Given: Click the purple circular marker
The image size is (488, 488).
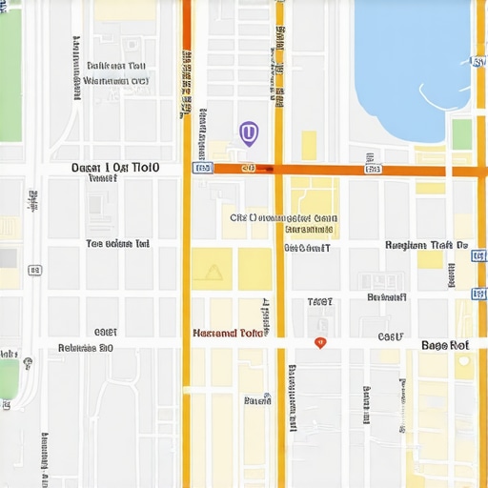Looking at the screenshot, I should pyautogui.click(x=248, y=132).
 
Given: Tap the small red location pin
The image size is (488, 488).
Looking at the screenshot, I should pyautogui.click(x=320, y=342).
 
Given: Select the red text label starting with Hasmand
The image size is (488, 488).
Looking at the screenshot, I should pyautogui.click(x=227, y=334).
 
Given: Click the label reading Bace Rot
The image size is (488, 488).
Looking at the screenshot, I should pyautogui.click(x=445, y=345).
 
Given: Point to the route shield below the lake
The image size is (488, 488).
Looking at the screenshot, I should pyautogui.click(x=373, y=170).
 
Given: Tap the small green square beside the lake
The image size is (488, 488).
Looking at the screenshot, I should pyautogui.click(x=461, y=134).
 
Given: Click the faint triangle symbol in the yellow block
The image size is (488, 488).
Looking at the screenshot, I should pyautogui.click(x=212, y=273).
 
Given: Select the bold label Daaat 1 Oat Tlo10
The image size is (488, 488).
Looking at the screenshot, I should pyautogui.click(x=115, y=167).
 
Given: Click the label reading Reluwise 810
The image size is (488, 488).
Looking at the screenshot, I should pyautogui.click(x=86, y=348).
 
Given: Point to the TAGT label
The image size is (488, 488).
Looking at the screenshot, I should pyautogui.click(x=320, y=302).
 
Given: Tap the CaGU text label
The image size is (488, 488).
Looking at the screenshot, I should pyautogui.click(x=391, y=336).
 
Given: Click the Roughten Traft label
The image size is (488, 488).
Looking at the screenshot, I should pyautogui.click(x=425, y=245).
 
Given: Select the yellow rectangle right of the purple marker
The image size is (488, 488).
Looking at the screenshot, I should pyautogui.click(x=309, y=145).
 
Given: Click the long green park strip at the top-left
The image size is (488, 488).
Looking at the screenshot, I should pyautogui.click(x=10, y=76).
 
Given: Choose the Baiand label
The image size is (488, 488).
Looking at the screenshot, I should pyautogui.click(x=257, y=401).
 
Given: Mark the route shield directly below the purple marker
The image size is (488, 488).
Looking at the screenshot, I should pyautogui.click(x=249, y=168).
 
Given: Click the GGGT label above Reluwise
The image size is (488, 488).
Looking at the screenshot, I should pyautogui.click(x=105, y=333).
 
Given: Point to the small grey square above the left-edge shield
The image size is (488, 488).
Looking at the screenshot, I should pyautogui.click(x=9, y=257).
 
